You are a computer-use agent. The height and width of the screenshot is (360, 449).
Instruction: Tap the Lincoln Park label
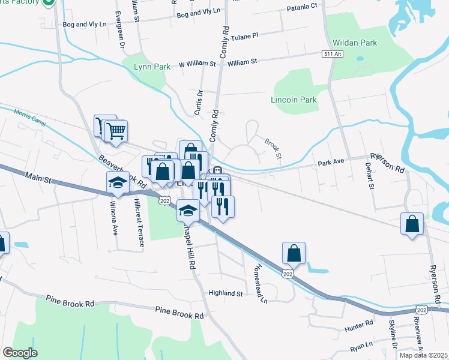pyautogui.click(x=293, y=100)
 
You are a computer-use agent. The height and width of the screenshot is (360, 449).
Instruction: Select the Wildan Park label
pyautogui.click(x=354, y=43)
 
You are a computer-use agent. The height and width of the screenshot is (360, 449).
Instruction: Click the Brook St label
pyautogui.click(x=274, y=146)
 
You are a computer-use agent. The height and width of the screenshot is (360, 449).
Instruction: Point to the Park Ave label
pyautogui.click(x=331, y=163)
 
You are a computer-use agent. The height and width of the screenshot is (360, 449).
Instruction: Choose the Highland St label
pyautogui.click(x=225, y=293)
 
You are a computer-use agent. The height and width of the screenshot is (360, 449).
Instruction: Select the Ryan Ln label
pyautogui.click(x=363, y=346)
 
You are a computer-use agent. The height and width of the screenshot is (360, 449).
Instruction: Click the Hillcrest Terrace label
pyautogui.click(x=139, y=223)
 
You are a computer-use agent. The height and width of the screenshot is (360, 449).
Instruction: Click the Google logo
pyautogui.click(x=20, y=353)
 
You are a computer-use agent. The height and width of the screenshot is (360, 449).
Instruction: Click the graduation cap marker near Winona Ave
pyautogui.click(x=118, y=182)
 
